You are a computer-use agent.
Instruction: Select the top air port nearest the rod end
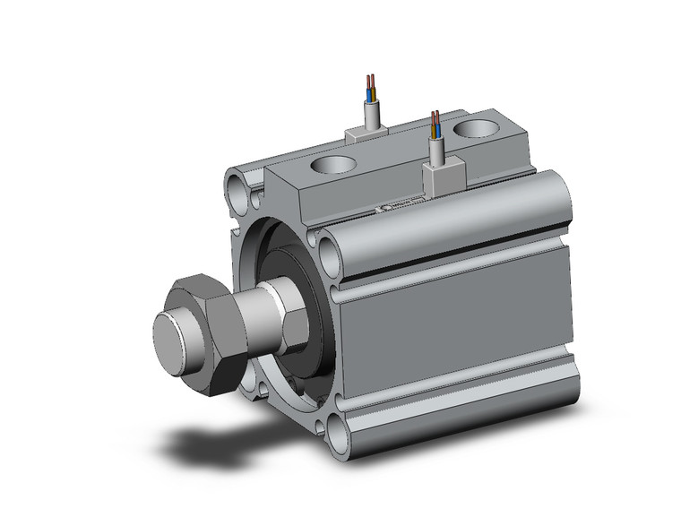(332, 166)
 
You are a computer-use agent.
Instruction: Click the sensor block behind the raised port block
(367, 133)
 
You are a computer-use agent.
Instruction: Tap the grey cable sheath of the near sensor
(438, 151)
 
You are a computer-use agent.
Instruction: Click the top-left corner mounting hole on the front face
(237, 189)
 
